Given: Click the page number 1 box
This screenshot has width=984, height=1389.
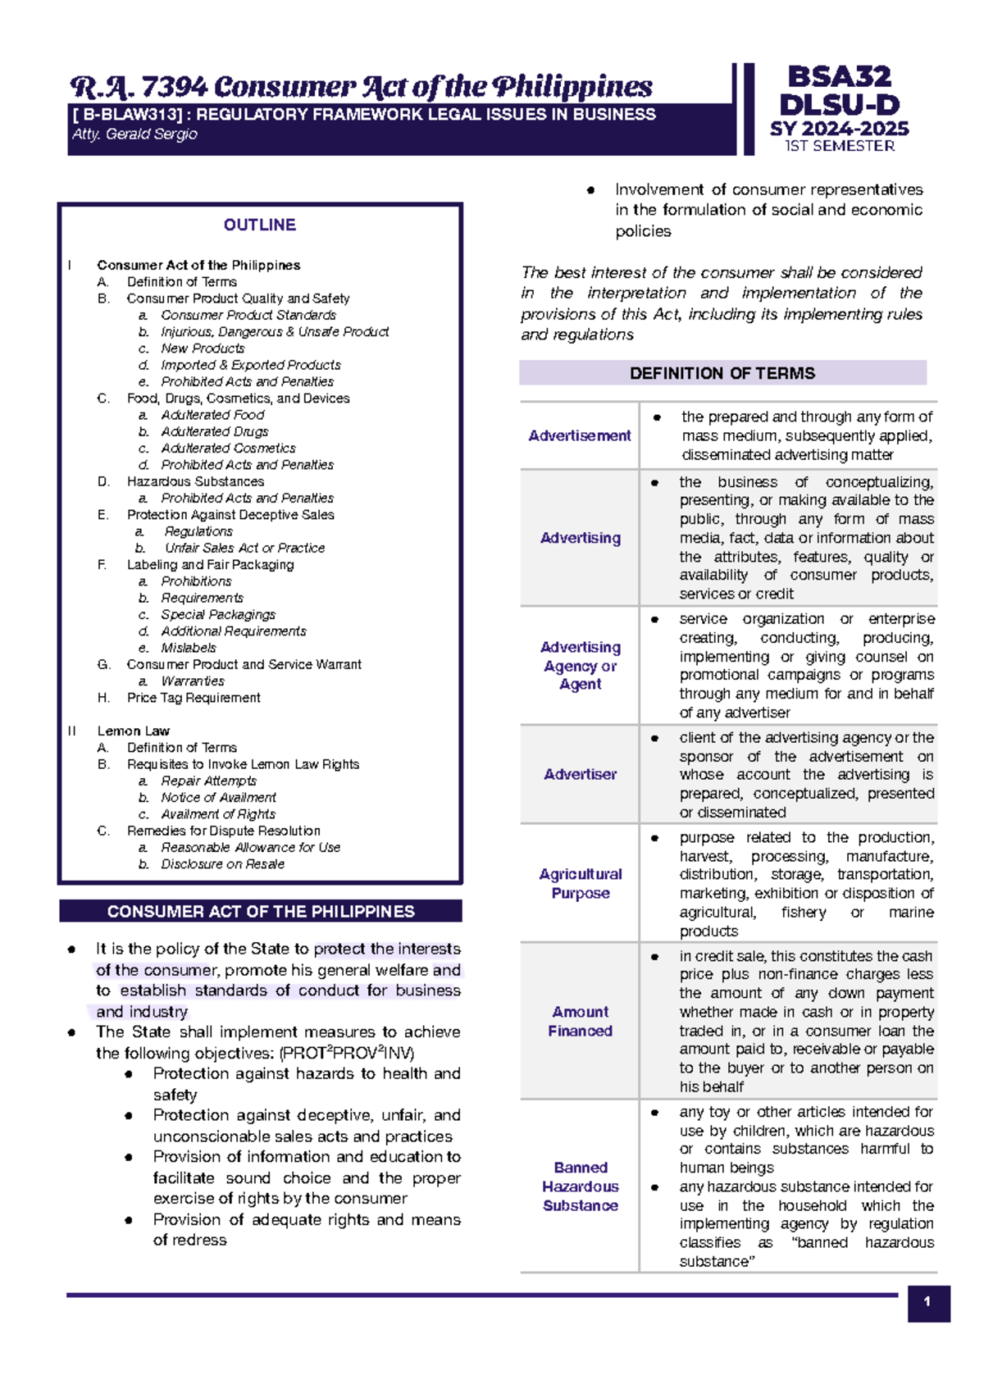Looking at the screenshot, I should pos(927,1302).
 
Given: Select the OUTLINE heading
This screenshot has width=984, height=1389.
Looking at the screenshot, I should pos(259,225).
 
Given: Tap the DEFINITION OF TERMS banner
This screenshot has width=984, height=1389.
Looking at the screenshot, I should pos(722,373).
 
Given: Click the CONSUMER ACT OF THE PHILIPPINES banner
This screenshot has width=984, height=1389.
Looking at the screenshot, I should pos(261,911).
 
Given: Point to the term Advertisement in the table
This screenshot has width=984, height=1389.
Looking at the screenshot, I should pos(580,435).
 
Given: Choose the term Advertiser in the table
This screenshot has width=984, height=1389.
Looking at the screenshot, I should pos(580,774).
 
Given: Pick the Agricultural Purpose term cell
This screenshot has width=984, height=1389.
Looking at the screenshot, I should pos(580,883).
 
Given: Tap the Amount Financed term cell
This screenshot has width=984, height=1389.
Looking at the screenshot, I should pos(580,1021).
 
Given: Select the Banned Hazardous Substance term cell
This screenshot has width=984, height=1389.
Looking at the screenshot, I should pos(580,1186).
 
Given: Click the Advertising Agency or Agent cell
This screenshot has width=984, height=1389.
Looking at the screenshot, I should pos(580,665).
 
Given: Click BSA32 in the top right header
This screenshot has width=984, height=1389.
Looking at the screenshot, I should pos(839,77).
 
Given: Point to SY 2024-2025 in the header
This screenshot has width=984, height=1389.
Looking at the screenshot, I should pos(839,129).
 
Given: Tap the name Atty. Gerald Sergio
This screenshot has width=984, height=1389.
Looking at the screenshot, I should pos(134,134).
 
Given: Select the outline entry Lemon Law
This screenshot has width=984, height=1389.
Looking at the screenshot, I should pos(133,731).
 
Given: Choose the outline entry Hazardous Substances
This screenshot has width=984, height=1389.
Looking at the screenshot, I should pos(195,481).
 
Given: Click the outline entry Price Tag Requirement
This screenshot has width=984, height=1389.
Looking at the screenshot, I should pos(194,697).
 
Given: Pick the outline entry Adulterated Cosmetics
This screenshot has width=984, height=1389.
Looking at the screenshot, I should pos(228,448).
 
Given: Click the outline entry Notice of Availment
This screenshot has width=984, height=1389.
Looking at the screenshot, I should pos(218,797).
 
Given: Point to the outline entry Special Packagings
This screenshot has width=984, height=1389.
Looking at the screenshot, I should pos(218,614).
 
